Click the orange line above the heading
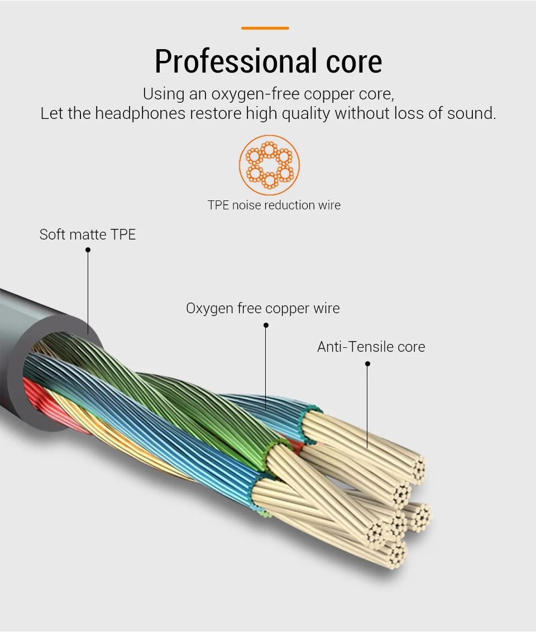(x=265, y=28)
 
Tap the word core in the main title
(x=354, y=62)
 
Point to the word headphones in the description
(x=140, y=114)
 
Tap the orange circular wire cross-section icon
(x=269, y=165)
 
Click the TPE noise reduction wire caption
(x=274, y=205)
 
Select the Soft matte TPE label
(x=88, y=234)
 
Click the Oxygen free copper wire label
(x=263, y=308)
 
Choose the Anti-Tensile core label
(x=371, y=347)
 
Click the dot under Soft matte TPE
(x=88, y=250)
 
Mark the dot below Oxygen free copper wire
(x=266, y=325)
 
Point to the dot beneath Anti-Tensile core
(x=367, y=363)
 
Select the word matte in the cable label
(x=88, y=234)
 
